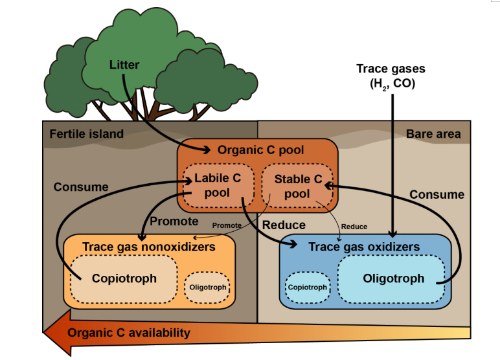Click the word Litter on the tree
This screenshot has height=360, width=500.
pyautogui.click(x=124, y=65)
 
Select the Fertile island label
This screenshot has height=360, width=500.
pyautogui.click(x=86, y=134)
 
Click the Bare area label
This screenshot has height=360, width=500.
pyautogui.click(x=433, y=134)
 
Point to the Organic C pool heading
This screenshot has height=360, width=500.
pyautogui.click(x=260, y=150)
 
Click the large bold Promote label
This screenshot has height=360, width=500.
pyautogui.click(x=174, y=221)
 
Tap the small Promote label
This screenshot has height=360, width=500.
pyautogui.click(x=227, y=226)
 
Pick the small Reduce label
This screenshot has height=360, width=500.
pyautogui.click(x=354, y=227)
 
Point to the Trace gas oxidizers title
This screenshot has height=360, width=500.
pyautogui.click(x=364, y=247)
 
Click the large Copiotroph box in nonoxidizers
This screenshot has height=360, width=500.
pyautogui.click(x=124, y=279)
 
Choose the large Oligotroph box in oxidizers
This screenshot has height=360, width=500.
pyautogui.click(x=393, y=279)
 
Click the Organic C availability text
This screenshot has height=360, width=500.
pyautogui.click(x=129, y=333)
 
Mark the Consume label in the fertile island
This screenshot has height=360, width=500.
pyautogui.click(x=81, y=187)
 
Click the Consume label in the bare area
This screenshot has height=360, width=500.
pyautogui.click(x=437, y=194)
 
